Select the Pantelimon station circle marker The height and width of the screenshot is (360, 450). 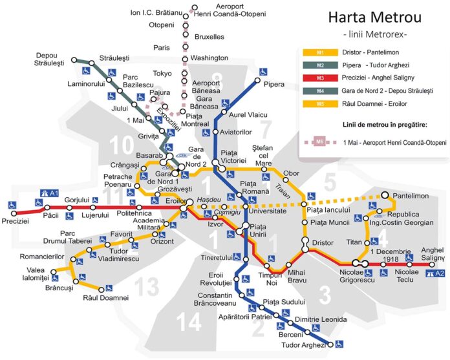385,195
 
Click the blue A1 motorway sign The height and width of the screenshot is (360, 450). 49,193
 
